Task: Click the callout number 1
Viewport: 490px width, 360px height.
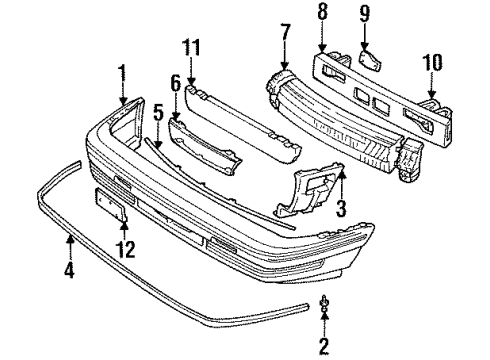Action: [x=122, y=72]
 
